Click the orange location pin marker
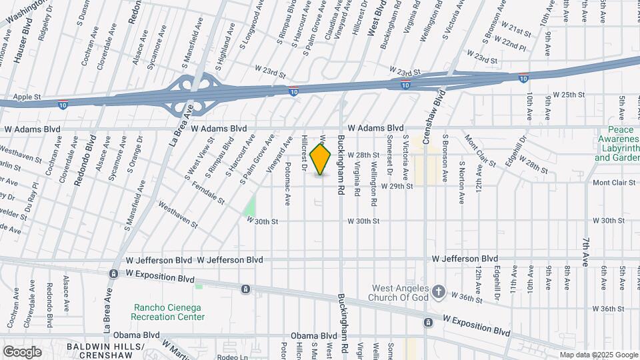coord(321,159)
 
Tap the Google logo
coord(22,352)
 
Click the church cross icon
coord(438,291)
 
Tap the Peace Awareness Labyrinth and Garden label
coord(617,144)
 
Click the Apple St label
coord(27,97)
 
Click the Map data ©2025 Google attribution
coord(599,355)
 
